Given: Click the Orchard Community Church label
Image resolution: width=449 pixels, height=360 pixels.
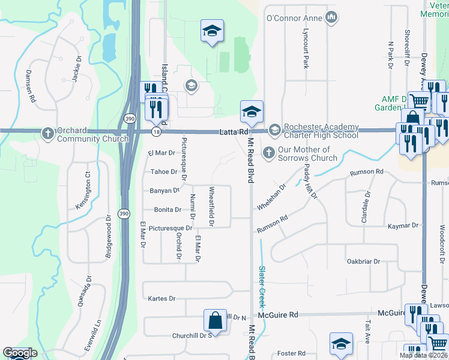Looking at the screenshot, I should pyautogui.click(x=92, y=135).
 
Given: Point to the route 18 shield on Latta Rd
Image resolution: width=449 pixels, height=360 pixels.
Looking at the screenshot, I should pyautogui.click(x=156, y=131).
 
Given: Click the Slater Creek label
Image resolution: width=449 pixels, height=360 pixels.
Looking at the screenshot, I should pyautogui.click(x=262, y=286).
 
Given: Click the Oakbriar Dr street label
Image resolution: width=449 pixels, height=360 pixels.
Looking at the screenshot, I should pyautogui.click(x=363, y=262).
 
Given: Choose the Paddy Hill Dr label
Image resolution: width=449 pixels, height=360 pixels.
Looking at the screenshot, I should pyautogui.click(x=309, y=181).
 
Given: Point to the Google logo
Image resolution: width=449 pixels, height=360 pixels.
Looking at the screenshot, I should pyautogui.click(x=20, y=353).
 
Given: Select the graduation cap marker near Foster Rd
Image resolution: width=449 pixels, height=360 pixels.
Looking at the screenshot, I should pyautogui.click(x=341, y=344).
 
